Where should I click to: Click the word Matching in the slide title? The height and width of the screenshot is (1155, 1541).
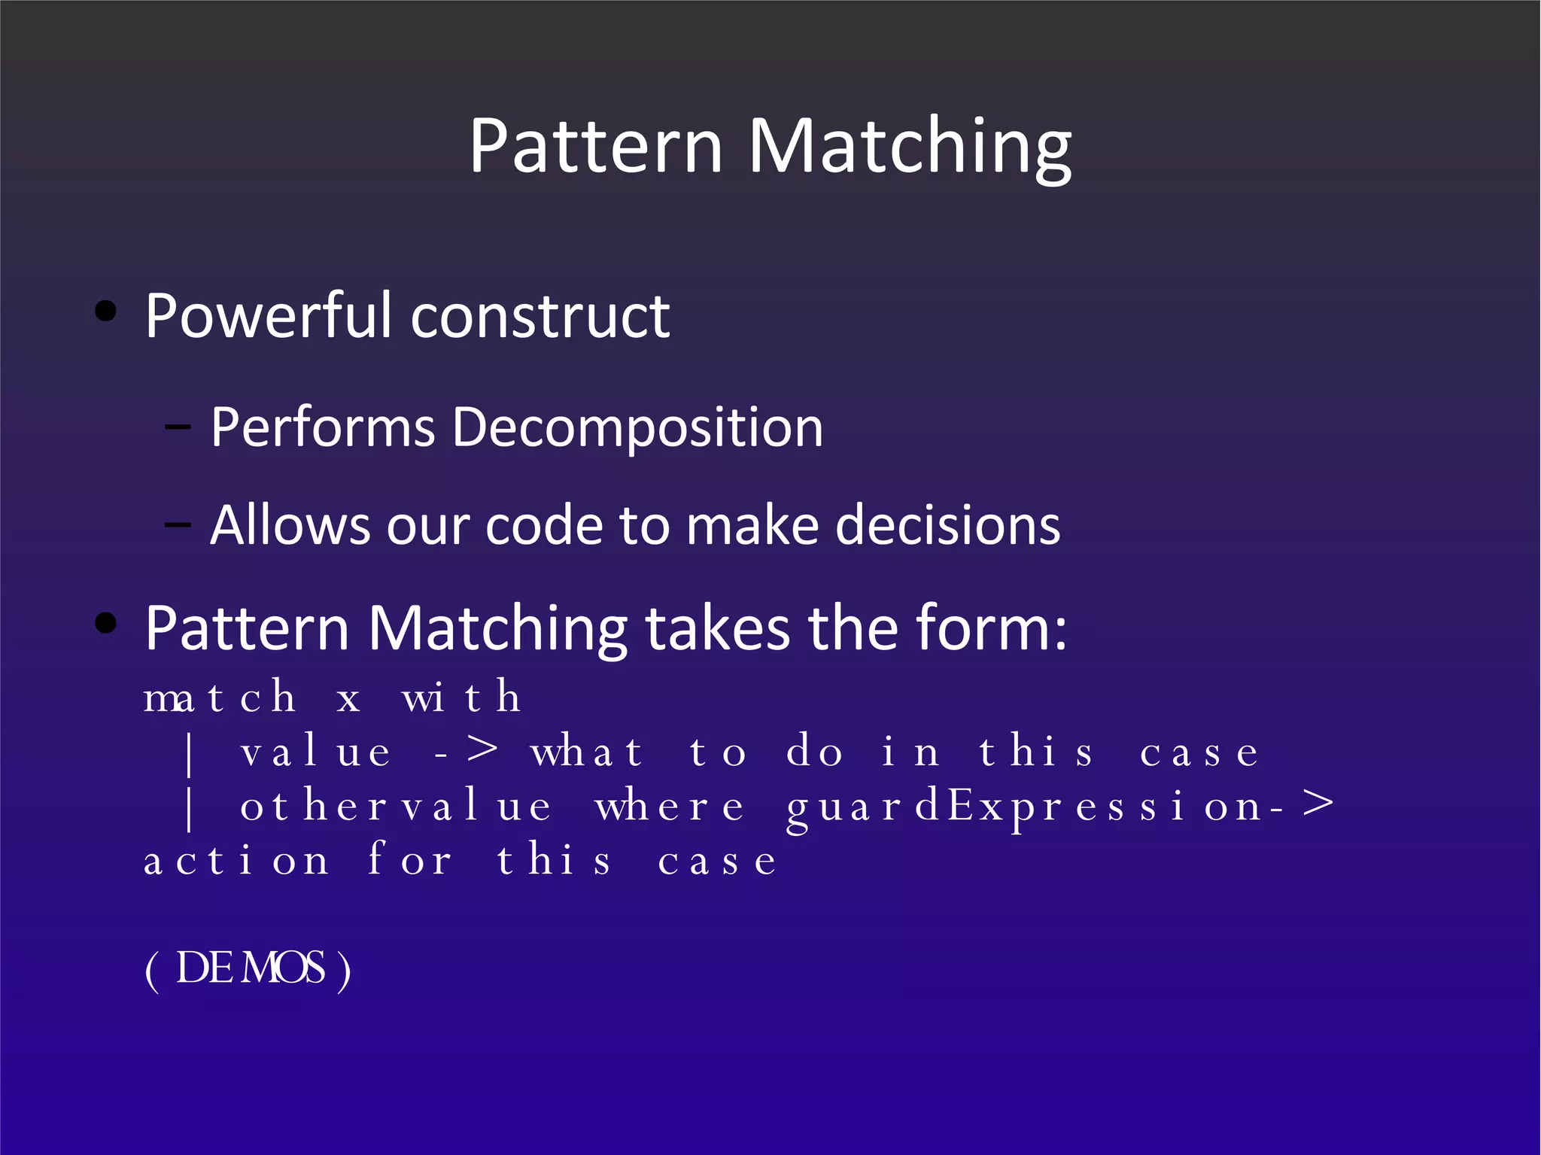[x=910, y=147]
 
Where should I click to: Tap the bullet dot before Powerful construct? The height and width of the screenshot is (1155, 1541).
[x=106, y=312]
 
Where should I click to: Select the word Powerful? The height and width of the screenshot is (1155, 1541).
[x=268, y=315]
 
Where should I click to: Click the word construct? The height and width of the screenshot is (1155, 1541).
[x=540, y=317]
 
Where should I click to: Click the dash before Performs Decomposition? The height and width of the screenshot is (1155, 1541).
[x=178, y=427]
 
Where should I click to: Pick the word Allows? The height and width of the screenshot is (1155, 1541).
[x=290, y=524]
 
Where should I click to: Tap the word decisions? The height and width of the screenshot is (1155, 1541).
[x=947, y=524]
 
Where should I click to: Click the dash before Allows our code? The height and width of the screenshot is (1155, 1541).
[x=178, y=524]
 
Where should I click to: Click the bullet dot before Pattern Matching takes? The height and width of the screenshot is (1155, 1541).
[x=106, y=623]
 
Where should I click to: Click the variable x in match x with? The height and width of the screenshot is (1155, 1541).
[x=348, y=699]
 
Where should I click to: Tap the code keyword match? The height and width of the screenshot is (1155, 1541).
[x=220, y=698]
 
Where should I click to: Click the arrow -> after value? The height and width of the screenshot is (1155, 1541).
[x=467, y=751]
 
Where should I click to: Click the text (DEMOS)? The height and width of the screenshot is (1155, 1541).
[x=248, y=969]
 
